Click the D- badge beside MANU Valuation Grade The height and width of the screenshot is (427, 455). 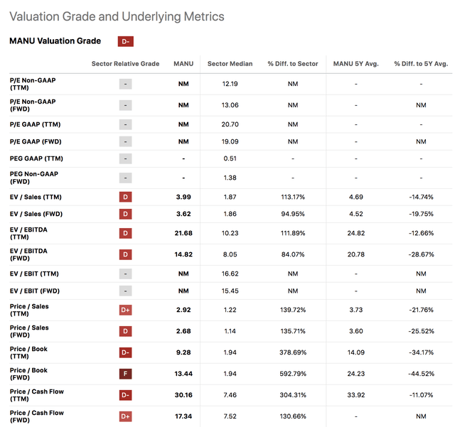[x=126, y=41]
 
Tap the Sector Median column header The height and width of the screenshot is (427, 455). [x=230, y=64]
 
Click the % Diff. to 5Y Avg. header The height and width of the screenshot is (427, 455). [x=422, y=64]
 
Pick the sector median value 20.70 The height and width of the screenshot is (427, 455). [x=230, y=125]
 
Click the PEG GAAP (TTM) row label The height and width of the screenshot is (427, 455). [x=36, y=158]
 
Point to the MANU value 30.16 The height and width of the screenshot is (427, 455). [x=183, y=394]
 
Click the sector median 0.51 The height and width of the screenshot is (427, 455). [x=230, y=158]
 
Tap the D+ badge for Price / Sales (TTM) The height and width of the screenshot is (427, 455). [x=126, y=310]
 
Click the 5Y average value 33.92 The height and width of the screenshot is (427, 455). [x=356, y=394]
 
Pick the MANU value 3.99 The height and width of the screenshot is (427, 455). [x=183, y=195]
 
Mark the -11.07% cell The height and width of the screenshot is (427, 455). [x=422, y=394]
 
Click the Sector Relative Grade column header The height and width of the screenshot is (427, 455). [x=125, y=64]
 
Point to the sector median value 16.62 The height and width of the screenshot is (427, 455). [x=230, y=274]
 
